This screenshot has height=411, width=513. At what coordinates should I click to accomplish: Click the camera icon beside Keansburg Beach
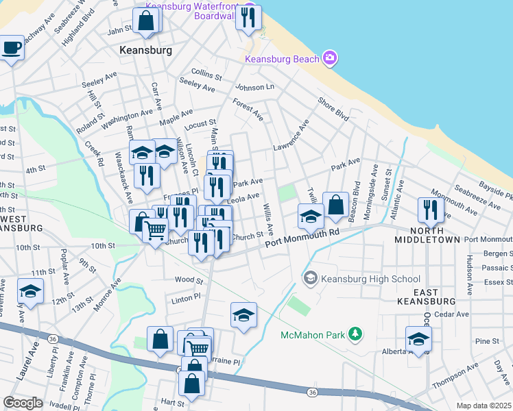(330, 58)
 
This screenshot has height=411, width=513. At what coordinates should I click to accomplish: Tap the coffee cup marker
(11, 48)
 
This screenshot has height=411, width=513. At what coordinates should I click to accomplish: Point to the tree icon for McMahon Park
(355, 334)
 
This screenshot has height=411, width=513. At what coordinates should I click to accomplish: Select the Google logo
(23, 403)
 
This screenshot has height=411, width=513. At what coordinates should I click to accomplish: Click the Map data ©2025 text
(483, 406)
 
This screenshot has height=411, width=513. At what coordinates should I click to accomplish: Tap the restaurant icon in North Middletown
(431, 209)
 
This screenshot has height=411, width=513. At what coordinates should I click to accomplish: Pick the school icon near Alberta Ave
(418, 338)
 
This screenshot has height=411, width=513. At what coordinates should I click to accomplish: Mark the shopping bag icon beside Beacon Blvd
(335, 204)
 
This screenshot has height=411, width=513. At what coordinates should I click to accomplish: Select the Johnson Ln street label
(254, 87)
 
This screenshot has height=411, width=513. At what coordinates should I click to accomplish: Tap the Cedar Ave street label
(453, 314)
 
